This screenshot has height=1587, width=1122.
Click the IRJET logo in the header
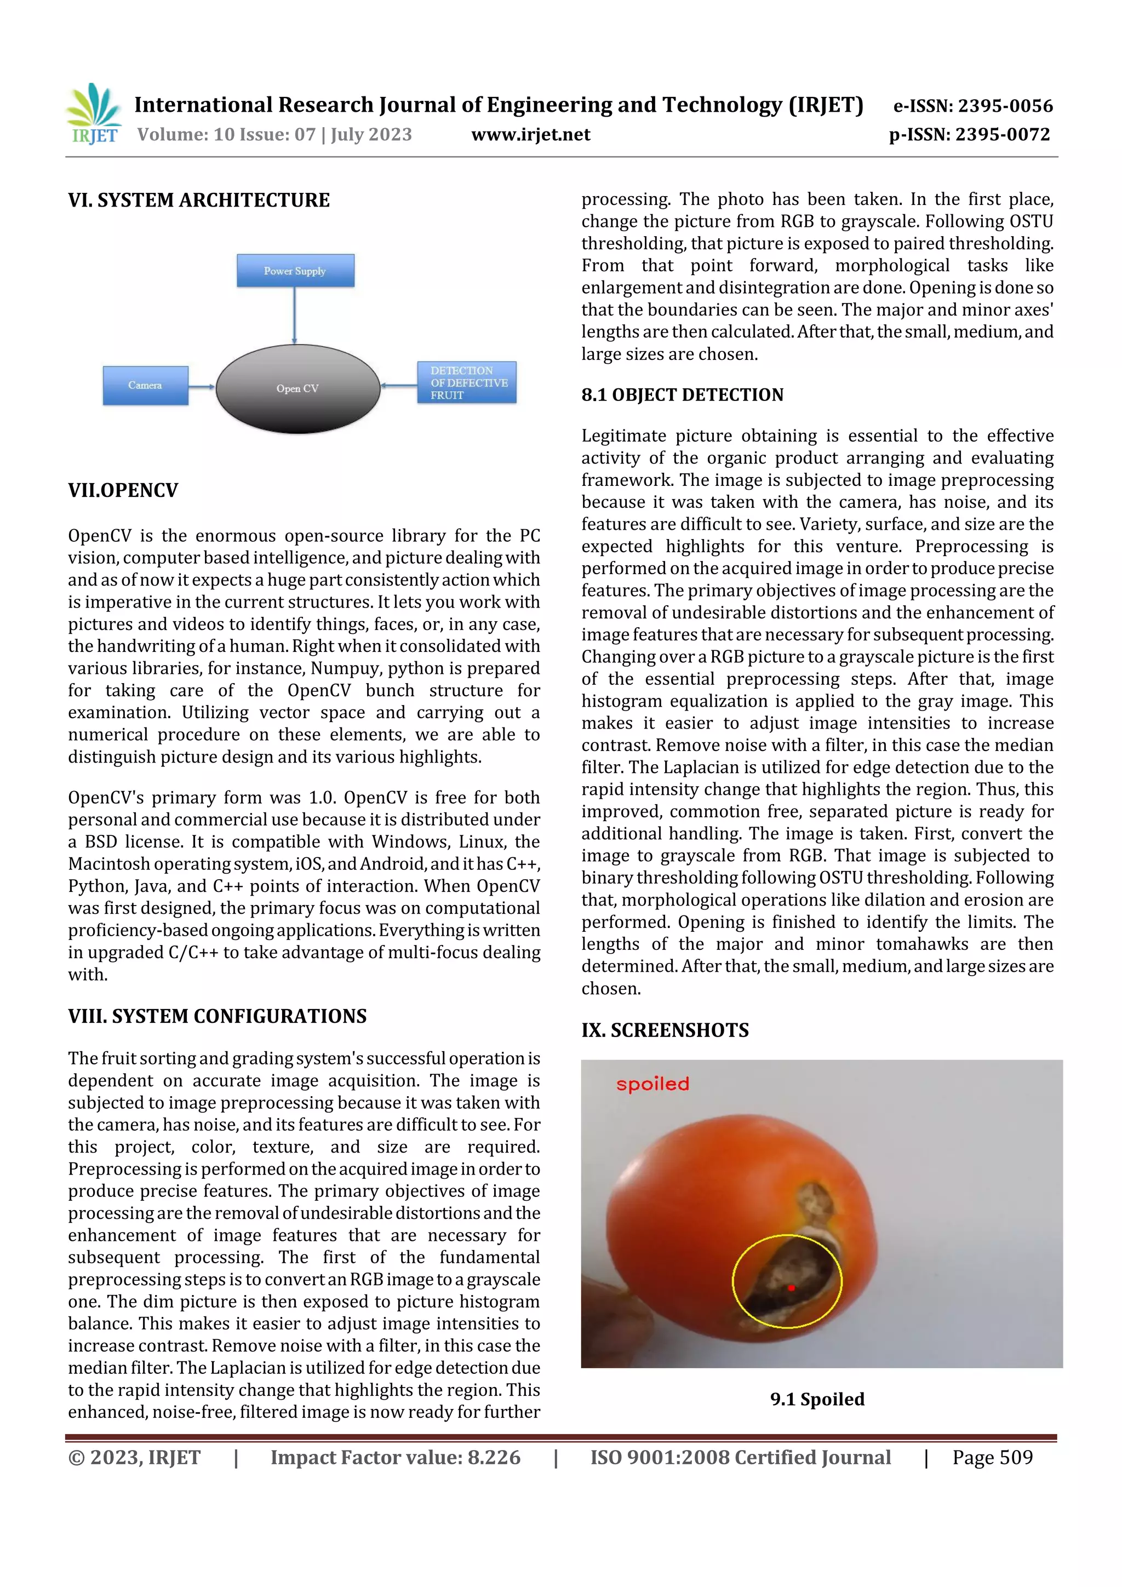coord(93,114)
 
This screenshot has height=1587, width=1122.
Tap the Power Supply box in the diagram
coord(295,270)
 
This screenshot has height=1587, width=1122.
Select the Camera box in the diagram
coord(145,385)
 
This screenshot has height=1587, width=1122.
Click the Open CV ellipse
coord(298,388)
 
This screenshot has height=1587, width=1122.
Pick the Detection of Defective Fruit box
coord(467,382)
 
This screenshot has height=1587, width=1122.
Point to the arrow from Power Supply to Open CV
coord(295,315)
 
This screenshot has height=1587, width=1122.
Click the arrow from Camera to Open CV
coord(202,386)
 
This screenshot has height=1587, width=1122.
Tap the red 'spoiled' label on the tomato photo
coord(652,1084)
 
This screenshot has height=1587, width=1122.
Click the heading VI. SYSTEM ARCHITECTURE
coord(198,200)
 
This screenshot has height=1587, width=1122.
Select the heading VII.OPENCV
coord(123,490)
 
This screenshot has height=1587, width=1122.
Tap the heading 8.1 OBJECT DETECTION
coord(682,394)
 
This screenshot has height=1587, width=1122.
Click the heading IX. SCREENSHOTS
coord(665,1030)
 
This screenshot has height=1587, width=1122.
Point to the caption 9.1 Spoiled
coord(817,1399)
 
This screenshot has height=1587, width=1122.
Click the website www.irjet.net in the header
coord(530,134)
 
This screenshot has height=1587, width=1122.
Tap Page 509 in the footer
coord(992,1457)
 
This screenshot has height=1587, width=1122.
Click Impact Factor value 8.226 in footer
coord(396,1457)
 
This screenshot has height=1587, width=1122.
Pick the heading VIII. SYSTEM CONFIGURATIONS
coord(217,1016)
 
